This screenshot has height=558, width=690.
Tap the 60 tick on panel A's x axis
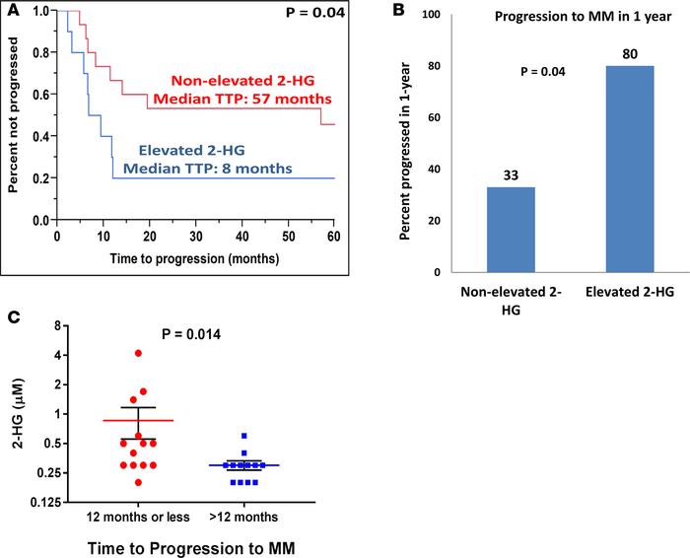tap(334, 237)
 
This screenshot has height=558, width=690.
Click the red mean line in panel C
tap(139, 420)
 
